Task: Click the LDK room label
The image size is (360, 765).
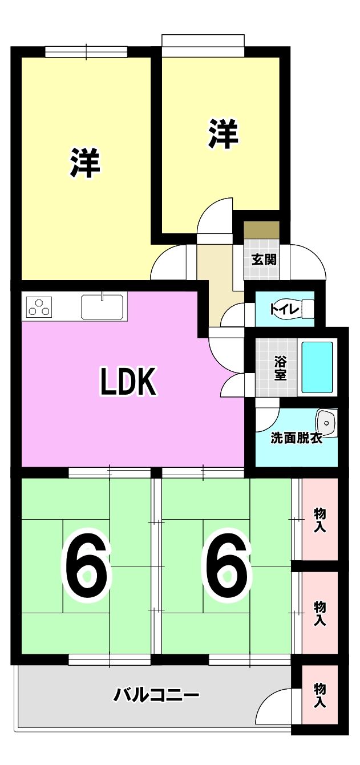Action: (128, 381)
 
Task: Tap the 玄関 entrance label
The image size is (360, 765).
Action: (264, 260)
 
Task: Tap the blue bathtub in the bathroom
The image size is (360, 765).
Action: (317, 367)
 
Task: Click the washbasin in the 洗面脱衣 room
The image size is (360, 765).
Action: (326, 423)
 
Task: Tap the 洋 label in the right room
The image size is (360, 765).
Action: (224, 133)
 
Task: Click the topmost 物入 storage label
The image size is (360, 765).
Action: (319, 520)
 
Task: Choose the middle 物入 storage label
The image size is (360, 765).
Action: (319, 613)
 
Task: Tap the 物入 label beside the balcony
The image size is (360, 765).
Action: (319, 695)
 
